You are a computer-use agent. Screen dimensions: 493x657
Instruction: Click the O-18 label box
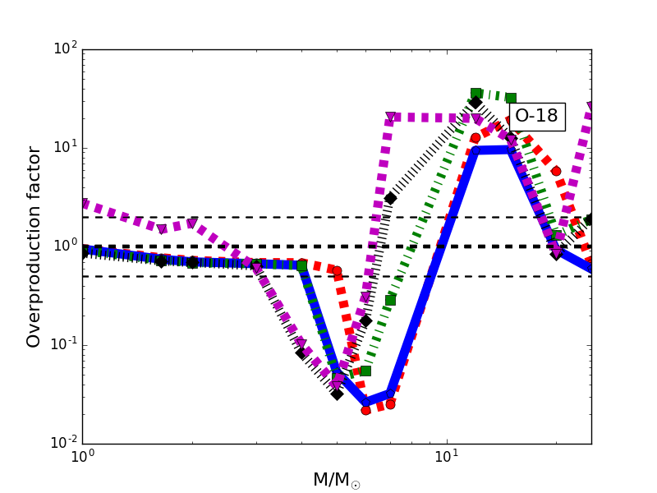coord(536,116)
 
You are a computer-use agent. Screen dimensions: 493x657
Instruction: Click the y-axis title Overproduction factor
coord(34,246)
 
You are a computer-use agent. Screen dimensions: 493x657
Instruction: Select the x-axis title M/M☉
coord(336,480)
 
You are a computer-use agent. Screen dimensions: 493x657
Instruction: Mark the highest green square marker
coord(476,94)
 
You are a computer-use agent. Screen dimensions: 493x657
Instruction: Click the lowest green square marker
coord(365,371)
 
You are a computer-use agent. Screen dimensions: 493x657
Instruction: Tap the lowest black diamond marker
coord(337,394)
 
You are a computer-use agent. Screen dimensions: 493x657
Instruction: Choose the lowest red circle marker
coord(365,409)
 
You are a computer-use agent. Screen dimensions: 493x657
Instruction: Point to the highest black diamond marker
coord(476,102)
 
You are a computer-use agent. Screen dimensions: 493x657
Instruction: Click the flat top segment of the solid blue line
coord(493,150)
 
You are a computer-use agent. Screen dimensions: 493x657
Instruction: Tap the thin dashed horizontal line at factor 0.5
coord(205,276)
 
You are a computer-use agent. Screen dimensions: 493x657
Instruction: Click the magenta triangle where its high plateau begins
coord(391,117)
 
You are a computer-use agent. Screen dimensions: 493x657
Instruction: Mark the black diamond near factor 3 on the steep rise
coord(390,198)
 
